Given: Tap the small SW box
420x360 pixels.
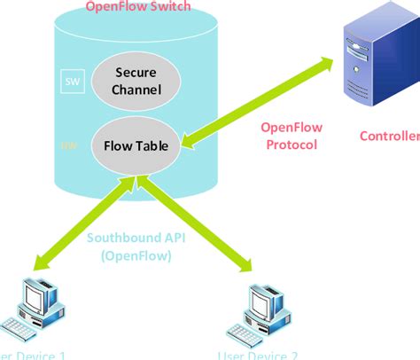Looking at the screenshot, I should (71, 82).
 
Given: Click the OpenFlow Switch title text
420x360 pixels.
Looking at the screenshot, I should (137, 7).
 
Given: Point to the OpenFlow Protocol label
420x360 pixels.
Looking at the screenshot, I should (291, 137).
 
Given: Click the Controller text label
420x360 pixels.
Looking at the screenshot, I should (390, 136).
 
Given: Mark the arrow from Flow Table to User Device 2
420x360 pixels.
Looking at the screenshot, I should (191, 223).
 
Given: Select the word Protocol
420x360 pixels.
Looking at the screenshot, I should (291, 145).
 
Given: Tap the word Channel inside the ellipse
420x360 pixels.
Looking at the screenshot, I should (136, 90).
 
